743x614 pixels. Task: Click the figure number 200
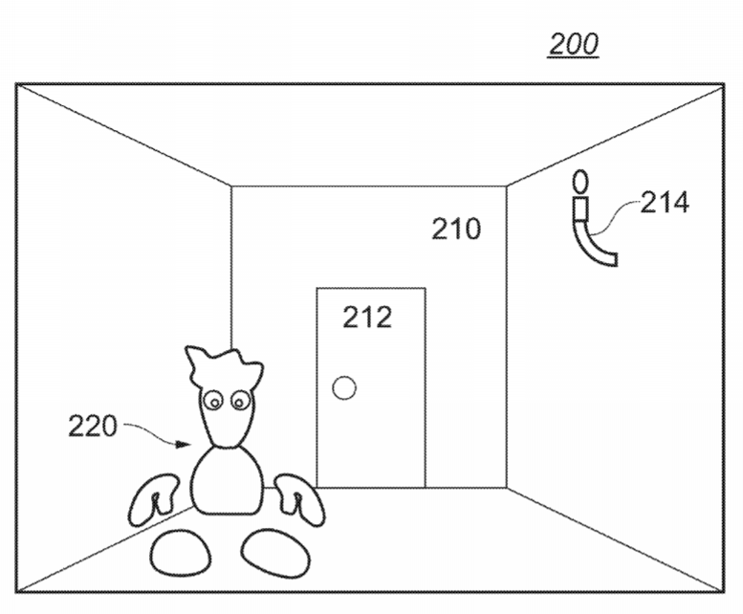[574, 43]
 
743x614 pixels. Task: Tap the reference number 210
[456, 229]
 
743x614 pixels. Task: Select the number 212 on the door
[367, 317]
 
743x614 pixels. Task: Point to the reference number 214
[664, 202]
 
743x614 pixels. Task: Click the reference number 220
[92, 426]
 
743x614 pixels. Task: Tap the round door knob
[343, 387]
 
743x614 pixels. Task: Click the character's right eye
[238, 403]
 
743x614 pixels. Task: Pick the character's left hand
[153, 503]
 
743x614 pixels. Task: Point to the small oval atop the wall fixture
[579, 181]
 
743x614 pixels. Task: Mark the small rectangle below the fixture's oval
[579, 208]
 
